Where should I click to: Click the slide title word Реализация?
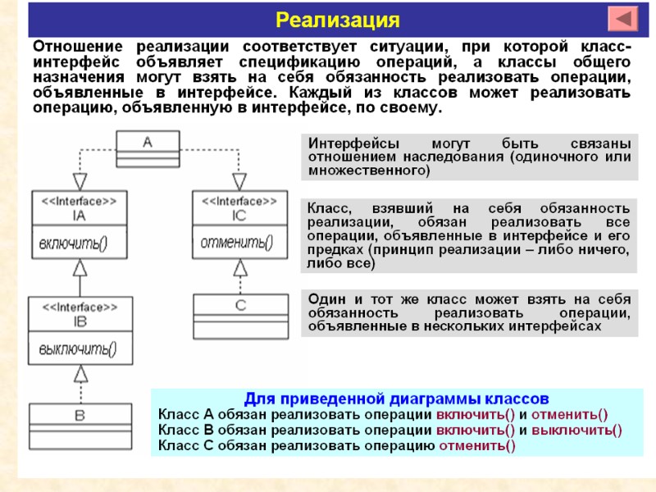337,19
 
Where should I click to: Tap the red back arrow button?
625,19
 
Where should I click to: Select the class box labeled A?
147,142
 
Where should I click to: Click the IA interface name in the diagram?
79,216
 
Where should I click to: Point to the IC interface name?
239,216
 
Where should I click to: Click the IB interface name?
79,321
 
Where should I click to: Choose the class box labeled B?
80,416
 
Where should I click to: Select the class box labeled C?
240,305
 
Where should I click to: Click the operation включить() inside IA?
73,242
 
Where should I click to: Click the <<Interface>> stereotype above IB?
79,306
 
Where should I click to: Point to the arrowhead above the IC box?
239,181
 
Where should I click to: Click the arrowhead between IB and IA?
80,266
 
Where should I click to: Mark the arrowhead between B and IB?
80,373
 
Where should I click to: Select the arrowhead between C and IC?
239,266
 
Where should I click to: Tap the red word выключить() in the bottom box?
576,430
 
